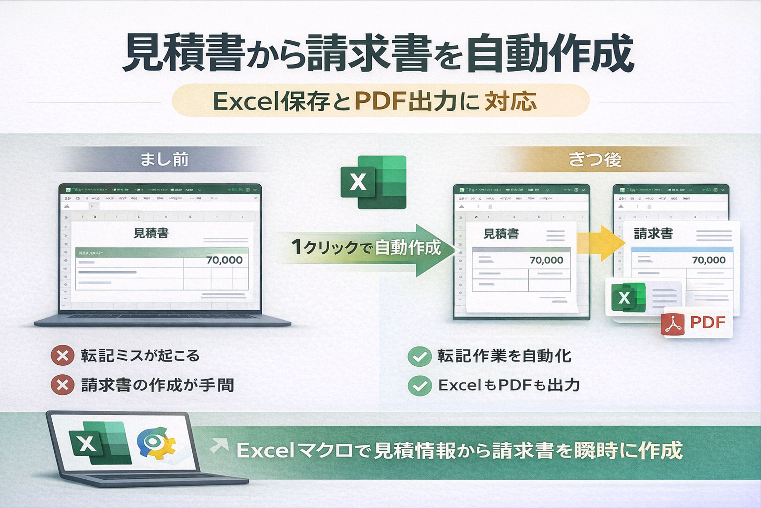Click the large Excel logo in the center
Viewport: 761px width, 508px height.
[374, 182]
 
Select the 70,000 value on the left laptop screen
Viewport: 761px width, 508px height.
[224, 260]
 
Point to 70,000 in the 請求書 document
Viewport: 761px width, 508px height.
[709, 260]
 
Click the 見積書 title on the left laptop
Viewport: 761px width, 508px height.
[151, 233]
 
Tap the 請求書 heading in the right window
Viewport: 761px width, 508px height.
[653, 233]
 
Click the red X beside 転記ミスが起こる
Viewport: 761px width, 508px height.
[62, 356]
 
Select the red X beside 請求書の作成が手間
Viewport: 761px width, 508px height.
[62, 385]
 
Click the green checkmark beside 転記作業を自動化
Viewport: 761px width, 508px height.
[420, 357]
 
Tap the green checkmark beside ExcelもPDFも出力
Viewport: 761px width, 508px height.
[420, 386]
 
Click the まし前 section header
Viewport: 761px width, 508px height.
[164, 160]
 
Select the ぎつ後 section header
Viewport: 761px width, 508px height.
[595, 160]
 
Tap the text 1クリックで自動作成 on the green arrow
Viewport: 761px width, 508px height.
[366, 247]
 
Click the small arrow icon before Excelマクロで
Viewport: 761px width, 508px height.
[219, 447]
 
